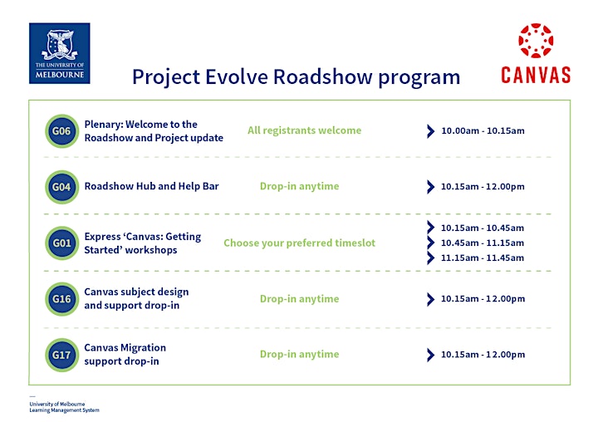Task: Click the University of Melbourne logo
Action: [x=60, y=53]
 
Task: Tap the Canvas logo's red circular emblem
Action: [x=536, y=41]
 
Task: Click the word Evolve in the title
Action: [x=237, y=76]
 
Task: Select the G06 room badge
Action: [x=61, y=131]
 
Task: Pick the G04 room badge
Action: [x=61, y=187]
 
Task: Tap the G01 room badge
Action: [x=61, y=243]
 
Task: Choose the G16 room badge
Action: [x=61, y=299]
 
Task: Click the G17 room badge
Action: [x=61, y=355]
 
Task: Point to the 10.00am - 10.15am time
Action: [x=483, y=131]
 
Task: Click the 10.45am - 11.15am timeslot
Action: [x=483, y=243]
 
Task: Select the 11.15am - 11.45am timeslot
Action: [x=483, y=258]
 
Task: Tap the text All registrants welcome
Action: [x=304, y=130]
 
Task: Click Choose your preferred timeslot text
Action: [x=299, y=243]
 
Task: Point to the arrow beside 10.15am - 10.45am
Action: [x=430, y=228]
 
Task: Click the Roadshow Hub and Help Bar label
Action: [x=151, y=186]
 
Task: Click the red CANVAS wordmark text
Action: [x=536, y=75]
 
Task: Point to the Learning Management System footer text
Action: [x=64, y=410]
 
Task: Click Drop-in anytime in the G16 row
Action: [x=299, y=299]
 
